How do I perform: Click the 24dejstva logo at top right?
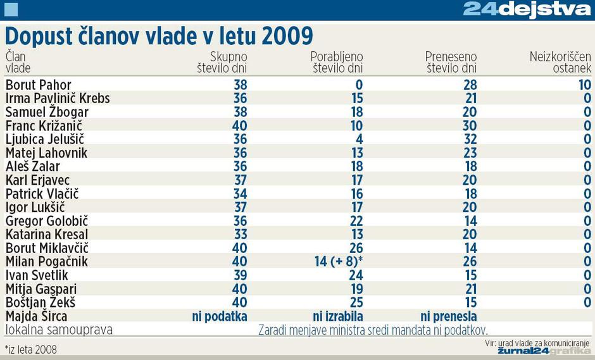pos(527,9)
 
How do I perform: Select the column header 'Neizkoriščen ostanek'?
pos(560,62)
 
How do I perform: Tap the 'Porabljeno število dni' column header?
pos(336,62)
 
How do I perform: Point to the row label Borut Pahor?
pos(39,85)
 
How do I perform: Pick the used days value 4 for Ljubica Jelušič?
pos(358,139)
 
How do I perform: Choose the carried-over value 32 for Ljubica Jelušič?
pos(469,139)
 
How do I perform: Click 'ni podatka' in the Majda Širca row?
pos(219,316)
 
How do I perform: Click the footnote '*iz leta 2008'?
pos(31,349)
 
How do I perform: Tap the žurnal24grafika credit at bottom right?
pos(544,351)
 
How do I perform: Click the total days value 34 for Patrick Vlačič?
pos(240,194)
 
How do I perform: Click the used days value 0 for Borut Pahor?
pos(358,85)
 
